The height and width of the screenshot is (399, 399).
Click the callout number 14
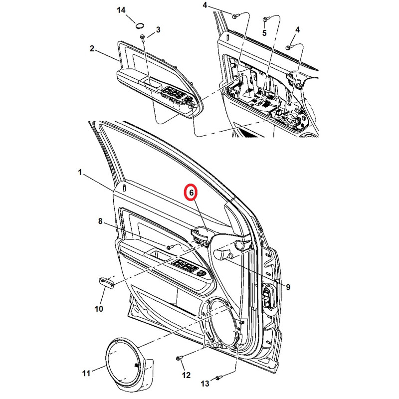121,10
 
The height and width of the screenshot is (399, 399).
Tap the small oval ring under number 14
140,25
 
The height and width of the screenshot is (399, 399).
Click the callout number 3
158,30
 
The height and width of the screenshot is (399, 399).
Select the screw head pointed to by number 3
142,37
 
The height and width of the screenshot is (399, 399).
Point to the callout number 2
92,48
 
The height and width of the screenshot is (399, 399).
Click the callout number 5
264,33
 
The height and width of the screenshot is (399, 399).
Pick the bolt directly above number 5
265,19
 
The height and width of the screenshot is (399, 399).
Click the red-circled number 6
192,193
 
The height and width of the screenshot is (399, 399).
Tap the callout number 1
80,172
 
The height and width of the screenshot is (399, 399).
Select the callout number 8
100,221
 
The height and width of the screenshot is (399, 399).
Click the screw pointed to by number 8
170,246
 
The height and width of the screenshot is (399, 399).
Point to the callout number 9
288,287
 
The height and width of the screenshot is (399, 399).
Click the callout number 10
99,309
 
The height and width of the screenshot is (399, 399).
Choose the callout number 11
86,373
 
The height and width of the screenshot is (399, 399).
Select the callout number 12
186,375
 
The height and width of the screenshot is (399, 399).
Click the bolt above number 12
179,358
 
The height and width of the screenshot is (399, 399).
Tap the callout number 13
205,383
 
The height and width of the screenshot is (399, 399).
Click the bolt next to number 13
218,378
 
